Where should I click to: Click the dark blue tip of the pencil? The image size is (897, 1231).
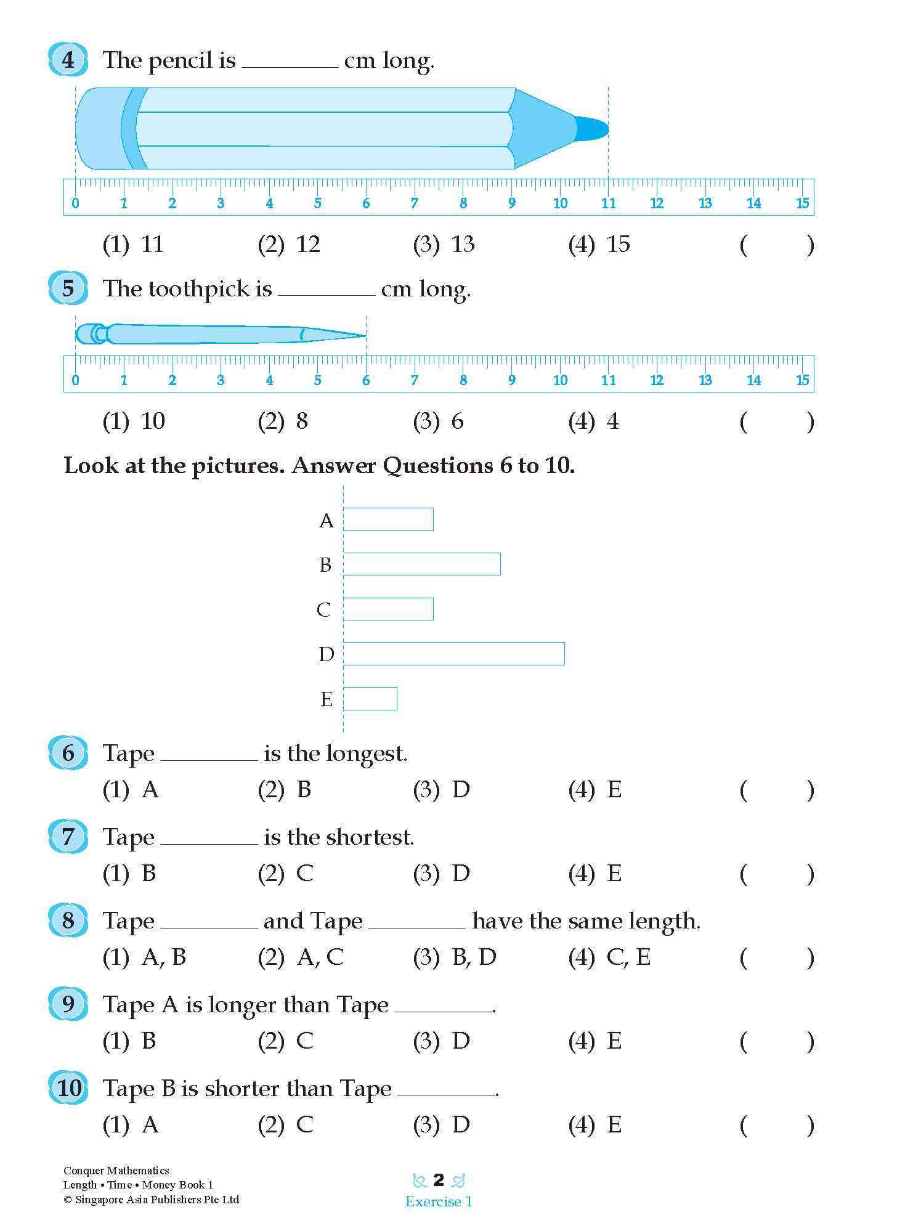592,129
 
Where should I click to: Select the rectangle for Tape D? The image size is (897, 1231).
453,654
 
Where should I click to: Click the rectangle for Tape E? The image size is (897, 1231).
370,699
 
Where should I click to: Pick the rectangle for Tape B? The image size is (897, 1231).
421,564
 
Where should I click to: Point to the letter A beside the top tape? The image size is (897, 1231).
326,521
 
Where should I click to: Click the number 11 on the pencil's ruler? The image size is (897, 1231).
608,203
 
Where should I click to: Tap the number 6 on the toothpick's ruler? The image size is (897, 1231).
366,380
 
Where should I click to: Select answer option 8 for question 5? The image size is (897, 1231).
302,421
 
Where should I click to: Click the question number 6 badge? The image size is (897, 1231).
68,753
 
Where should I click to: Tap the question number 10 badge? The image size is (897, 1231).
69,1088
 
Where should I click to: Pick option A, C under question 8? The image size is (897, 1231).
320,957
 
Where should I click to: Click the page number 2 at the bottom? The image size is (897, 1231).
439,1180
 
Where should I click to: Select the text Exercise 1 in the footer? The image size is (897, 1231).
439,1201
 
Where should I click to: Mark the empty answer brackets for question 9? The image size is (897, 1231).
776,1041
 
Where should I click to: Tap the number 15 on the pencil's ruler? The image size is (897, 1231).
802,203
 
